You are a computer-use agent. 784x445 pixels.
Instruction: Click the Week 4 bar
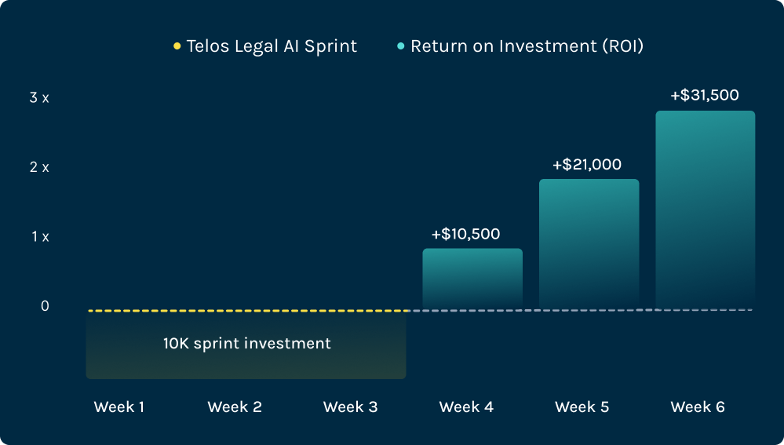(x=472, y=279)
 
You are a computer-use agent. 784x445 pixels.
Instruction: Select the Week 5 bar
(x=589, y=244)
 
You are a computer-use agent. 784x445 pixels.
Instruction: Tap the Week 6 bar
(x=705, y=210)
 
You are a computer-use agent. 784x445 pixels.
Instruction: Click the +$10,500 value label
(x=465, y=234)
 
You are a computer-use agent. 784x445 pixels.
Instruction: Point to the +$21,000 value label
(x=587, y=165)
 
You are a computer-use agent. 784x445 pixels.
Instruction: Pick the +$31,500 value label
(x=705, y=96)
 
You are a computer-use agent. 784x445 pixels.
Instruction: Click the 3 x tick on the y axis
(x=39, y=98)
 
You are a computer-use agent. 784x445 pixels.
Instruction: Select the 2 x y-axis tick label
(x=39, y=167)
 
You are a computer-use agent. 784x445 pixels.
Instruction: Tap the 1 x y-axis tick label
(x=40, y=236)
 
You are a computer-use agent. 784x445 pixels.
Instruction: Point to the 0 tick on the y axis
(x=45, y=305)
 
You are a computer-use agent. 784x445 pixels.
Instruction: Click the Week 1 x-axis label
(x=119, y=407)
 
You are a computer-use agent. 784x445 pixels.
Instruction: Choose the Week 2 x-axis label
(x=235, y=407)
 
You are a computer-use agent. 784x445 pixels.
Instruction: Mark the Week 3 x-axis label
(x=350, y=407)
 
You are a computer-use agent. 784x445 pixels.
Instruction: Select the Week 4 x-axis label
(x=466, y=407)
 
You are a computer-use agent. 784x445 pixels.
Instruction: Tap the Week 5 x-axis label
(x=582, y=407)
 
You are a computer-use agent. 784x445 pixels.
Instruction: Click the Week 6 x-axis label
(x=698, y=407)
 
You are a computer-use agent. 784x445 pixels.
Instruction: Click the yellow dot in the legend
(x=177, y=46)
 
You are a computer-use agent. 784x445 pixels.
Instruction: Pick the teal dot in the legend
(x=401, y=46)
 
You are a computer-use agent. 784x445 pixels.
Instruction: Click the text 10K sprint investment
(x=247, y=344)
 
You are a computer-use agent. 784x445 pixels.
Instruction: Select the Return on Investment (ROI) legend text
(x=527, y=46)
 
